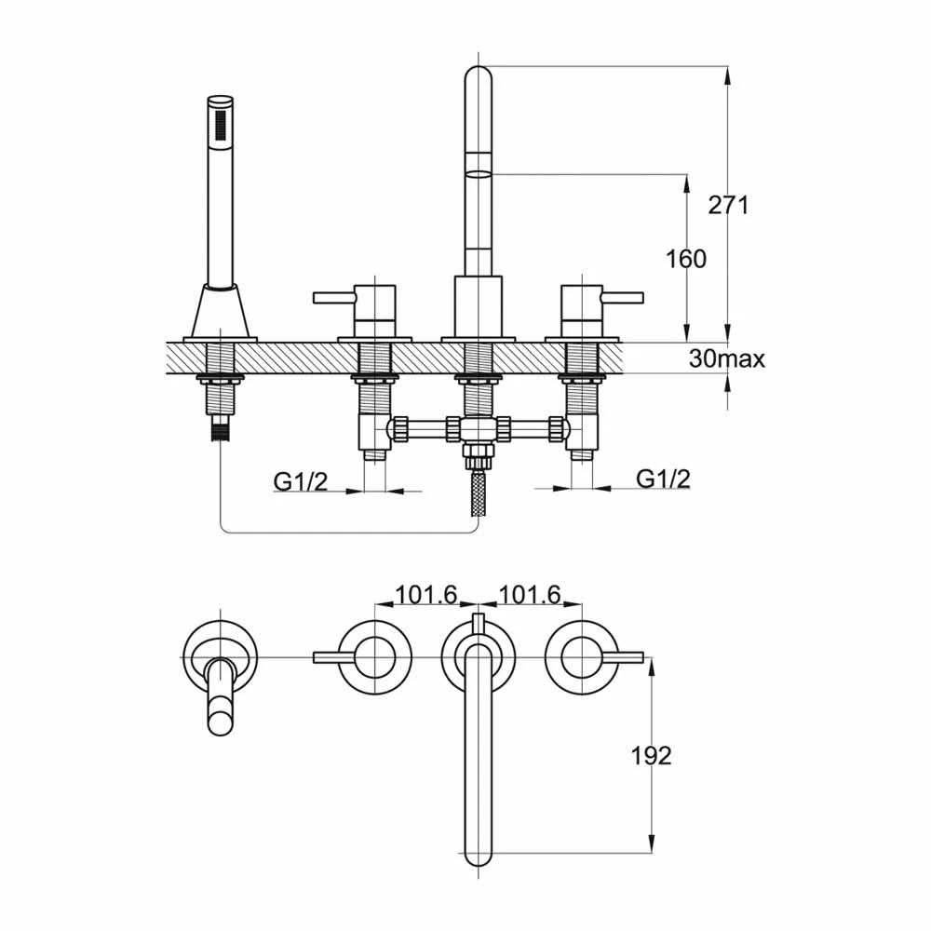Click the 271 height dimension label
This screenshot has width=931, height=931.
point(729,205)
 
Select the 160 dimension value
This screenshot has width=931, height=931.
point(686,259)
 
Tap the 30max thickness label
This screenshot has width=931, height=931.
point(727,358)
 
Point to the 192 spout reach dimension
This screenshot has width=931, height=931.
point(651,756)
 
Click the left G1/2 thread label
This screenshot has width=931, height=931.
point(301,481)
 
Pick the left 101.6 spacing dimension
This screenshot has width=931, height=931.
point(426,594)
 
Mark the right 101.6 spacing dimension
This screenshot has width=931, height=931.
point(529,594)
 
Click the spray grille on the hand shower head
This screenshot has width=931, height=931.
point(222,126)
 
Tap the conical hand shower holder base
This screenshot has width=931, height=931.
point(221,312)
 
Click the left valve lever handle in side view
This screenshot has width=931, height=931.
point(333,296)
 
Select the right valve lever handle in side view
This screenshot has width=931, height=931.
point(623,296)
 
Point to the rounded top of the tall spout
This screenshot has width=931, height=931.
point(478,74)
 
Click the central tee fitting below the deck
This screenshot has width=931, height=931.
point(478,428)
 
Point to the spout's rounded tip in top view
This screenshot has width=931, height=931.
point(478,856)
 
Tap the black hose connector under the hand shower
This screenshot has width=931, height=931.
point(221,427)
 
